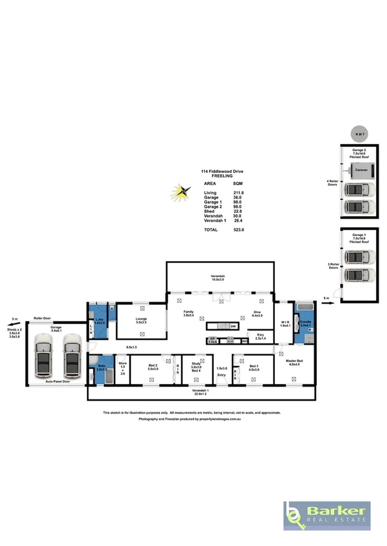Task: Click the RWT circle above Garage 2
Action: (358, 134)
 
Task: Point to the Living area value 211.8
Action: (238, 192)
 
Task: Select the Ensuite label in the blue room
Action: (305, 322)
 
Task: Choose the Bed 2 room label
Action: (152, 367)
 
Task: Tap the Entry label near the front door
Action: (222, 374)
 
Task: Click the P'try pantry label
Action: (261, 335)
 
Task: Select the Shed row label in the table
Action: (209, 211)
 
